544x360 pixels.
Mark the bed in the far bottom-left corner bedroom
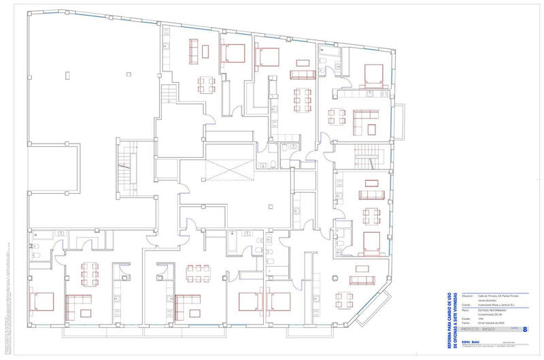pyautogui.click(x=43, y=300)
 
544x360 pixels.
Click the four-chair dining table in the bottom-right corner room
pyautogui.click(x=347, y=299)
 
